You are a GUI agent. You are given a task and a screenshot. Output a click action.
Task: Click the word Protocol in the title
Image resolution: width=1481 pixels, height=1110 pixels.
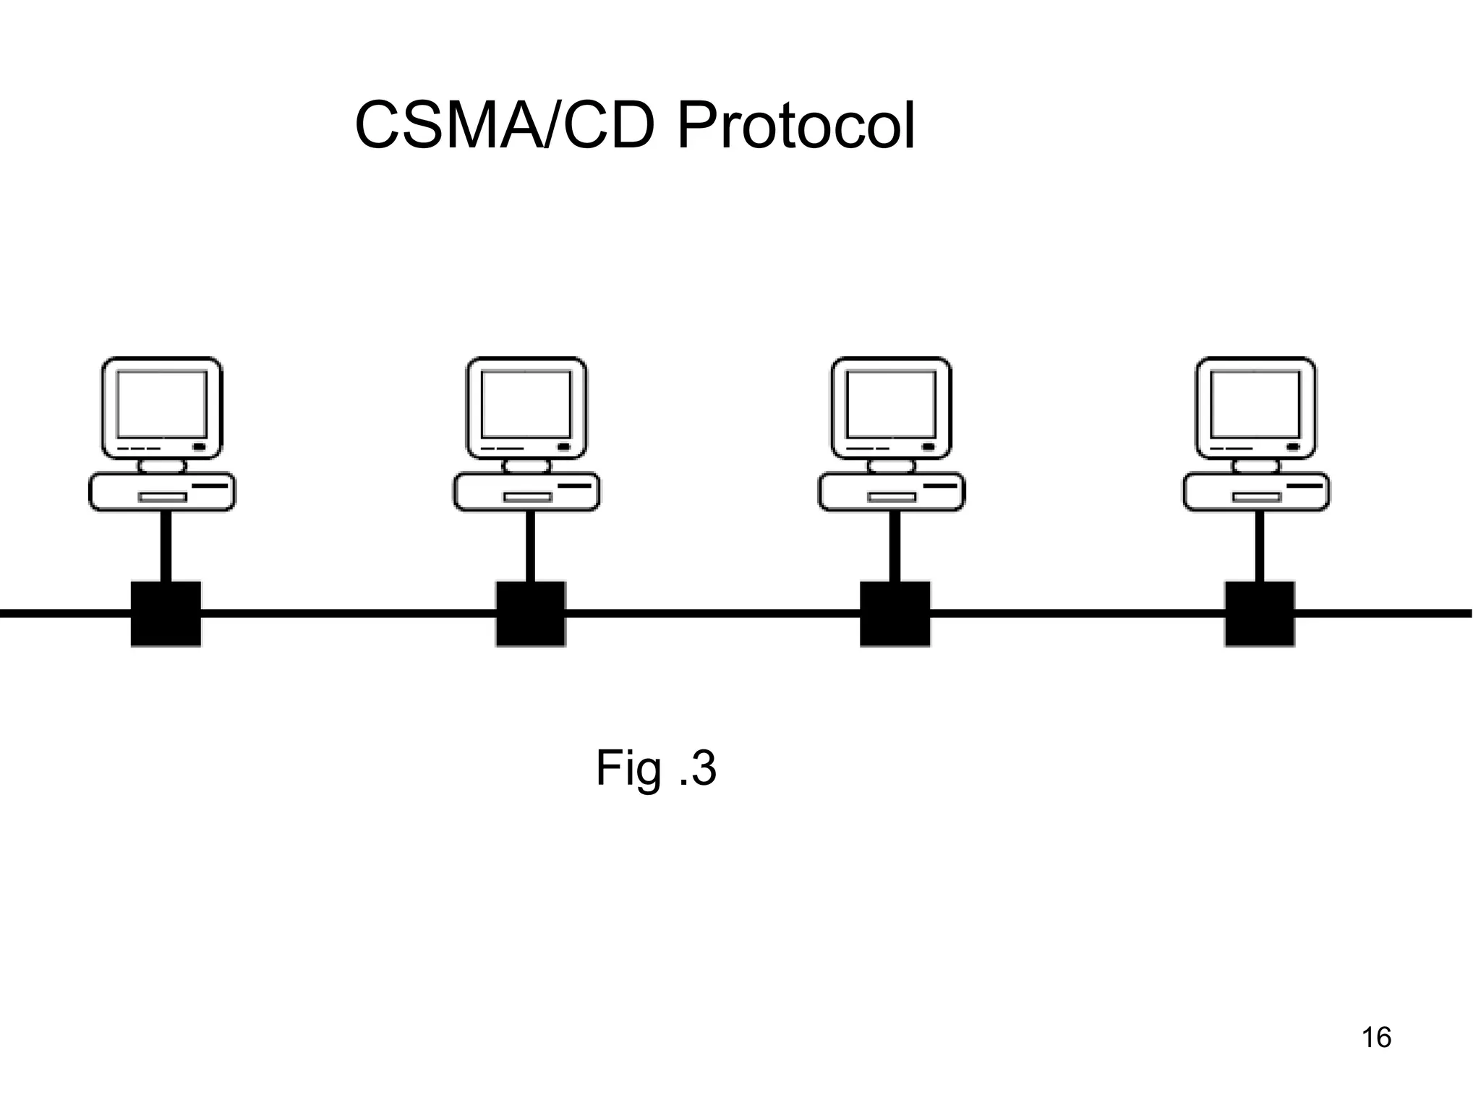click(x=795, y=126)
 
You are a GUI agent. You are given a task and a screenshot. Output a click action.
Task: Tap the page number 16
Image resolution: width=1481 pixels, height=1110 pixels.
click(x=1376, y=1038)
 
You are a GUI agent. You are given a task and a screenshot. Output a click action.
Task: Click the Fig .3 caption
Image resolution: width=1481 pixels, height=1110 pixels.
click(x=656, y=768)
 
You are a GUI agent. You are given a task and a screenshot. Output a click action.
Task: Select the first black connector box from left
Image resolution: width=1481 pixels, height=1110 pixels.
click(x=166, y=614)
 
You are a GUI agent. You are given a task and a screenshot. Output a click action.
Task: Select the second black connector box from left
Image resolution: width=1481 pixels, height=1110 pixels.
click(x=530, y=614)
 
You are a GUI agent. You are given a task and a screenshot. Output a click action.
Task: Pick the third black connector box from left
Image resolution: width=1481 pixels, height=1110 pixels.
click(x=895, y=614)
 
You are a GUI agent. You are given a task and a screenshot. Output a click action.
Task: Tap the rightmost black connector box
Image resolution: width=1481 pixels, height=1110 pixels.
click(x=1259, y=614)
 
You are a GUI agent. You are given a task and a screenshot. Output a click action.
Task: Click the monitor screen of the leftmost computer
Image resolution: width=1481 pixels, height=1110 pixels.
click(x=162, y=404)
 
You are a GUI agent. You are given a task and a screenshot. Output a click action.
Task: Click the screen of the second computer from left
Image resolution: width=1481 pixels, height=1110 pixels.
click(x=526, y=404)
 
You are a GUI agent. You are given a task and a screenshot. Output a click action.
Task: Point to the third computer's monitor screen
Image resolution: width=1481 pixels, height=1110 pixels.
click(x=891, y=404)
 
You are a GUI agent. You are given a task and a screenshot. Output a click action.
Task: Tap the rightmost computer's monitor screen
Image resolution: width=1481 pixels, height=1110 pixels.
click(x=1255, y=404)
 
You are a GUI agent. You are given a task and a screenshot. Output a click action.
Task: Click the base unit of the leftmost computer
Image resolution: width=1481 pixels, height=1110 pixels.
click(x=162, y=491)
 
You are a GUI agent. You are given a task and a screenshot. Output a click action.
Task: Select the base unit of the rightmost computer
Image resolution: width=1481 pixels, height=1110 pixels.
click(x=1255, y=491)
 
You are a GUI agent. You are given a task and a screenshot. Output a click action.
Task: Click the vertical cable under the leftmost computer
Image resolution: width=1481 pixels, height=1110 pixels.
click(x=166, y=546)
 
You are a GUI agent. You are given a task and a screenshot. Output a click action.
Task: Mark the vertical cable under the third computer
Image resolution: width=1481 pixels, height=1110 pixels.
click(x=895, y=546)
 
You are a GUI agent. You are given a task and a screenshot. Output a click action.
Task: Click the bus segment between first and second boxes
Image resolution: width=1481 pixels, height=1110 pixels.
click(x=347, y=614)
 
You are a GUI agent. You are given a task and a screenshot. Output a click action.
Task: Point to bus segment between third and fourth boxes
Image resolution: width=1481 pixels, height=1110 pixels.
click(x=1077, y=614)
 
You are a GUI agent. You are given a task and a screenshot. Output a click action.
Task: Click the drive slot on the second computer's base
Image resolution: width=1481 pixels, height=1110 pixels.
click(x=527, y=497)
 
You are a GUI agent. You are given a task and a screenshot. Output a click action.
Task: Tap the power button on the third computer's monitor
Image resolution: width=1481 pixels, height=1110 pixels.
click(x=928, y=447)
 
